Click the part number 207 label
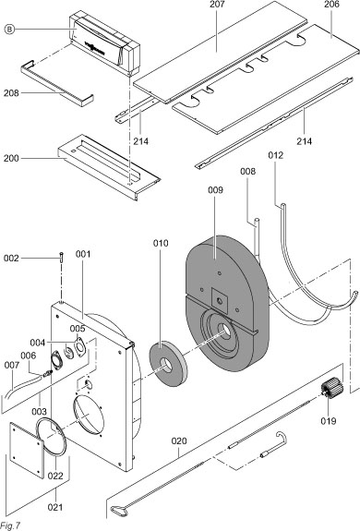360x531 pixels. point(217,5)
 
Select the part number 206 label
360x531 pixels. point(331,5)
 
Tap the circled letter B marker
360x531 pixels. point(10,30)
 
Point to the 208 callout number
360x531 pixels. point(11,92)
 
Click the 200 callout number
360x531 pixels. point(11,158)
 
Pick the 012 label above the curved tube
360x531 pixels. point(276,155)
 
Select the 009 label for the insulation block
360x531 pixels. point(215,190)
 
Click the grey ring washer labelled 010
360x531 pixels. point(169,364)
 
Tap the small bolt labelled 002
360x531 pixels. point(61,257)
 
